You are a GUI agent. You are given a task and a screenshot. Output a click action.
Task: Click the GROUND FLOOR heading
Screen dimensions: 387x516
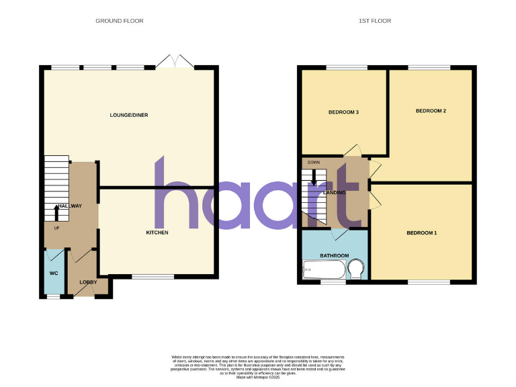click(x=119, y=21)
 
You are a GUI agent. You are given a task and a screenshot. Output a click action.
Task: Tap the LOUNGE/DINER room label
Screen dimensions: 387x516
click(x=129, y=115)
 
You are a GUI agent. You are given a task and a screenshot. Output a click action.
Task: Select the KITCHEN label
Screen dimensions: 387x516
click(x=157, y=232)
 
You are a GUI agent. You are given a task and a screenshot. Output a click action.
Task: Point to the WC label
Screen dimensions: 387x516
click(x=54, y=273)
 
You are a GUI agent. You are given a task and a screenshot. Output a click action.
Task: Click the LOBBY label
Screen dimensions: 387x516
click(x=88, y=282)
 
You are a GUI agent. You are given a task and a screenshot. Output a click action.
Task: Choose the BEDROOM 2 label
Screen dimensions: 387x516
click(x=431, y=111)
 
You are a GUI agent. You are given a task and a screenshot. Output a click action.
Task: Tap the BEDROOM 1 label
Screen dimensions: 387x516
click(x=421, y=233)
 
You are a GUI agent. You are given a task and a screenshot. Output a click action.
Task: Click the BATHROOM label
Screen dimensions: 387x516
click(x=334, y=255)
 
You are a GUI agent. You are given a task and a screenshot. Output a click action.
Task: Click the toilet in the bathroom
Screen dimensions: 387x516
click(x=356, y=270)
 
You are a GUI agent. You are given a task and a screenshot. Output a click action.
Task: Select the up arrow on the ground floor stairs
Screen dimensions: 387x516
click(x=56, y=213)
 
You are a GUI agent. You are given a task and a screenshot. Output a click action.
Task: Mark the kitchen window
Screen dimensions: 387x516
click(x=152, y=276)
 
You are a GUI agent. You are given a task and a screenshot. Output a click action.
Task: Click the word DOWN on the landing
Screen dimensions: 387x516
click(x=314, y=163)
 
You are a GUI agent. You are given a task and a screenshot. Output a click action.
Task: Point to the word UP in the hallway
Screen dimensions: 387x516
click(x=48, y=228)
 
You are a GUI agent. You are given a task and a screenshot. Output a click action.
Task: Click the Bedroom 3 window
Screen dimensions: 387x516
click(x=347, y=67)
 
